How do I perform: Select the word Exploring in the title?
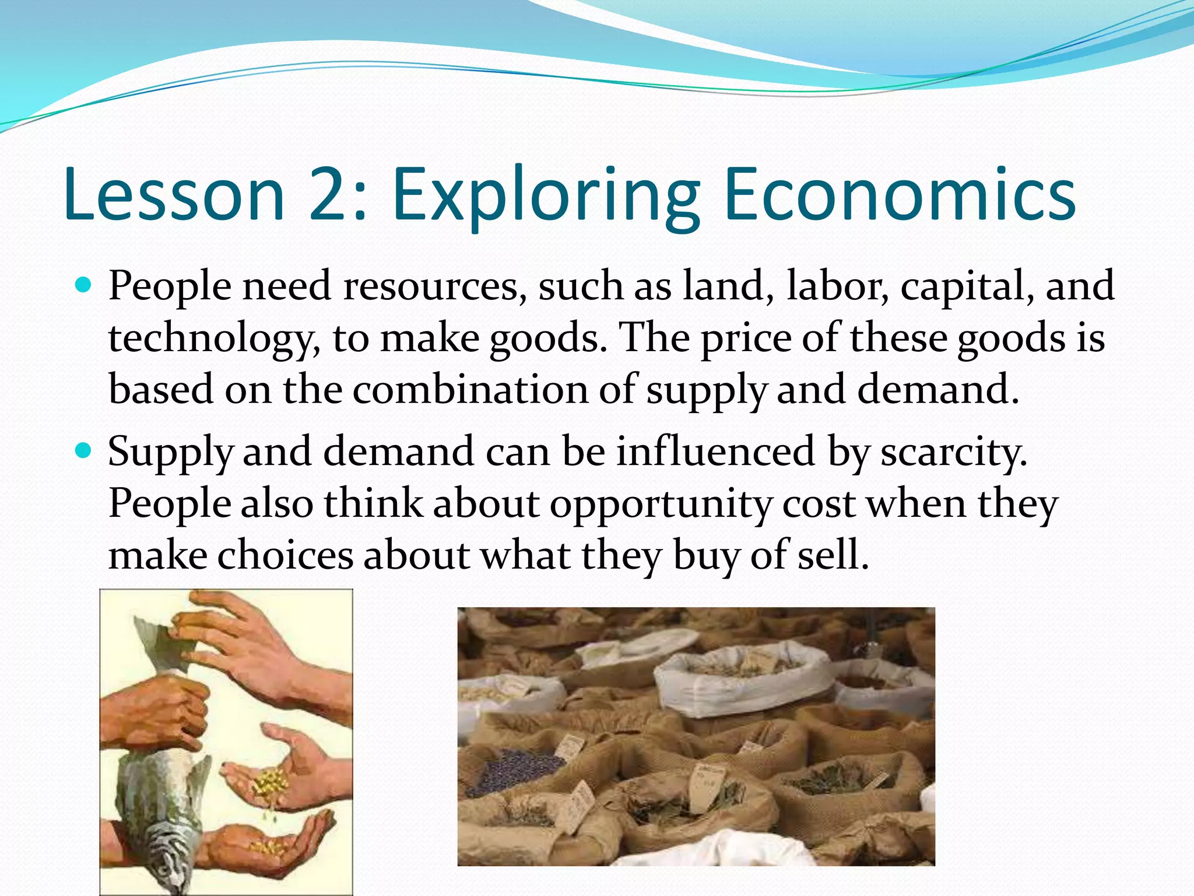pyautogui.click(x=546, y=195)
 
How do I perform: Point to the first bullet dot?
pyautogui.click(x=85, y=285)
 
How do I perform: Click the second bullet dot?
pyautogui.click(x=85, y=450)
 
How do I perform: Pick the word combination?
pyautogui.click(x=470, y=389)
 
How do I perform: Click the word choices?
pyautogui.click(x=285, y=555)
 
